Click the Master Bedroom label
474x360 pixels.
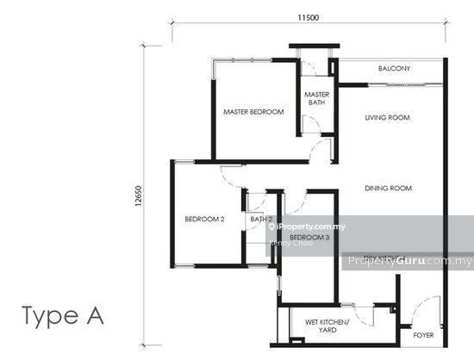click(253, 112)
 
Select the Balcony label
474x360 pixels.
click(393, 69)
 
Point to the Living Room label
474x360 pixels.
click(386, 118)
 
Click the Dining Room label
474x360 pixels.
click(386, 189)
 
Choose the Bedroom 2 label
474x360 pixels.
click(204, 220)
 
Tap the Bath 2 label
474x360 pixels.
click(261, 220)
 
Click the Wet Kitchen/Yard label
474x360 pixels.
click(327, 326)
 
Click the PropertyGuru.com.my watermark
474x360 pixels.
click(408, 261)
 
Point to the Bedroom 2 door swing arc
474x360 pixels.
click(231, 177)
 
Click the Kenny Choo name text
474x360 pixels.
click(291, 243)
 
